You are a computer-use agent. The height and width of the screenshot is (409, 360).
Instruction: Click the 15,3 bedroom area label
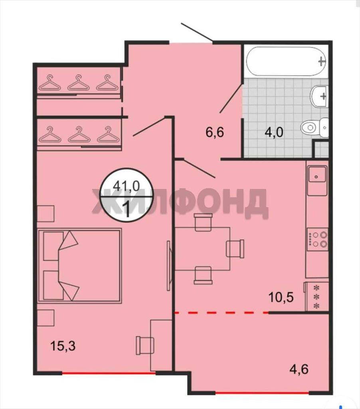point(63,346)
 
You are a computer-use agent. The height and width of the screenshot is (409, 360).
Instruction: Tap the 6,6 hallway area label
point(215,132)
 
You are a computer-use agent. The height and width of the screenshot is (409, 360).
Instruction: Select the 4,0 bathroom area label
point(274,132)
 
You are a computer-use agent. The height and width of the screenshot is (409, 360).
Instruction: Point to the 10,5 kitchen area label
point(281,297)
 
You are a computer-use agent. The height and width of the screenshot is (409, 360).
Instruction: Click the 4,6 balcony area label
point(299,369)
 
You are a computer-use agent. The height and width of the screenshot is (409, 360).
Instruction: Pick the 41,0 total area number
point(127,186)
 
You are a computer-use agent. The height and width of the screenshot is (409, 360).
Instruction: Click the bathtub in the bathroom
point(287,61)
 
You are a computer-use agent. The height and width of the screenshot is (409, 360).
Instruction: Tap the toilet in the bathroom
point(315,127)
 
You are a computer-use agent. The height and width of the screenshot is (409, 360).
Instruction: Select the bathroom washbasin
point(319,96)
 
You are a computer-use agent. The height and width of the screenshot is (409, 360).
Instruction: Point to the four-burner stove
point(318,239)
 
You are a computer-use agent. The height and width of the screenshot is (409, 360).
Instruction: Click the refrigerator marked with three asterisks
point(316,297)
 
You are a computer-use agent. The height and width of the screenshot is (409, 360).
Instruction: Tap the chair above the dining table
point(203,222)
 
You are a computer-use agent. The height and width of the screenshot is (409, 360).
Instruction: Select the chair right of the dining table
point(235,248)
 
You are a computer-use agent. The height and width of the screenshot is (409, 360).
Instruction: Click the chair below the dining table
point(203,275)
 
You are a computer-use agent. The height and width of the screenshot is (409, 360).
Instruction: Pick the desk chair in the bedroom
point(145,345)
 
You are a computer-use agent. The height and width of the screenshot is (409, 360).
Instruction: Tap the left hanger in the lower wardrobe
point(50,134)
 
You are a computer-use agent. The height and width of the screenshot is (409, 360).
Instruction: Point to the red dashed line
point(222,312)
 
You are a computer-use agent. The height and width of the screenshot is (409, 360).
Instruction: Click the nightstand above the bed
point(45,213)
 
